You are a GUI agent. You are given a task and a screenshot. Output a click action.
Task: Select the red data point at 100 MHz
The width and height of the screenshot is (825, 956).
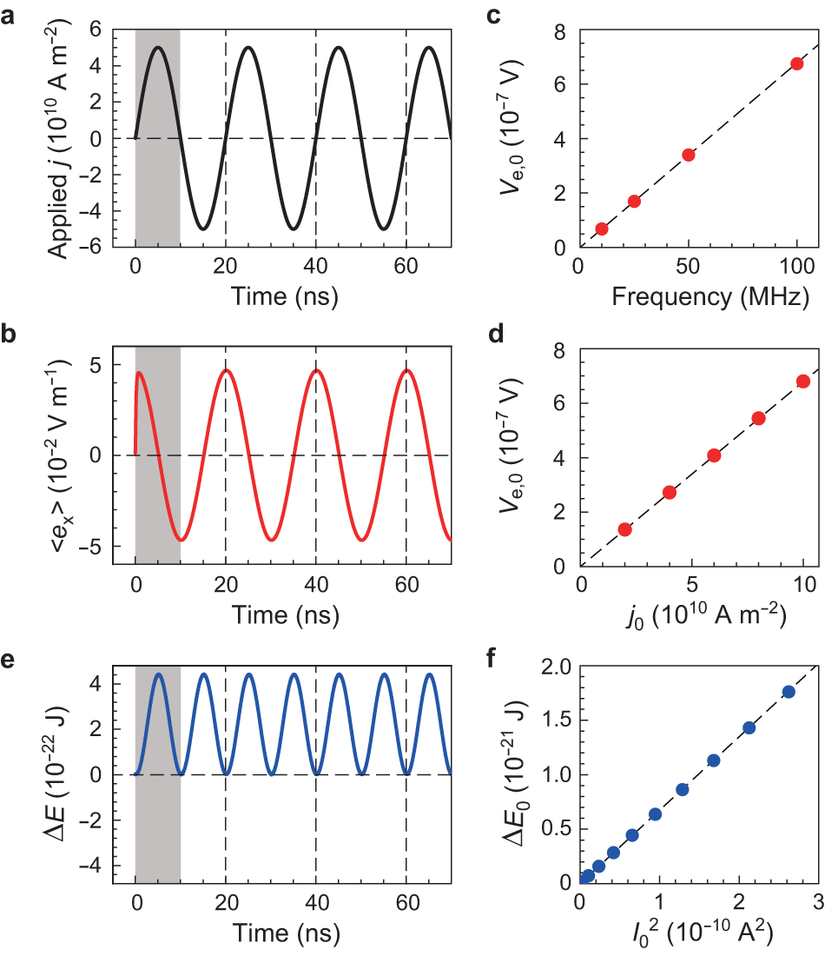(x=796, y=63)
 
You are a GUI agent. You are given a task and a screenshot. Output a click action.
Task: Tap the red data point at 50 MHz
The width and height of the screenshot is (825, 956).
(x=689, y=155)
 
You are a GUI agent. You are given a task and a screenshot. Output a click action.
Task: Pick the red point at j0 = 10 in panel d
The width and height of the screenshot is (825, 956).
(x=803, y=381)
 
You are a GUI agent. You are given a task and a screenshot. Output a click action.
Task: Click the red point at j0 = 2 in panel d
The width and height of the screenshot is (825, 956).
(x=624, y=529)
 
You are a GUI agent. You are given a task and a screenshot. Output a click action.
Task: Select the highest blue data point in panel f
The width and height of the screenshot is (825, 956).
(x=789, y=692)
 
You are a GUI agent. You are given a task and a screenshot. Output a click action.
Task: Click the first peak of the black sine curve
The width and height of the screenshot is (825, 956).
(x=158, y=48)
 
